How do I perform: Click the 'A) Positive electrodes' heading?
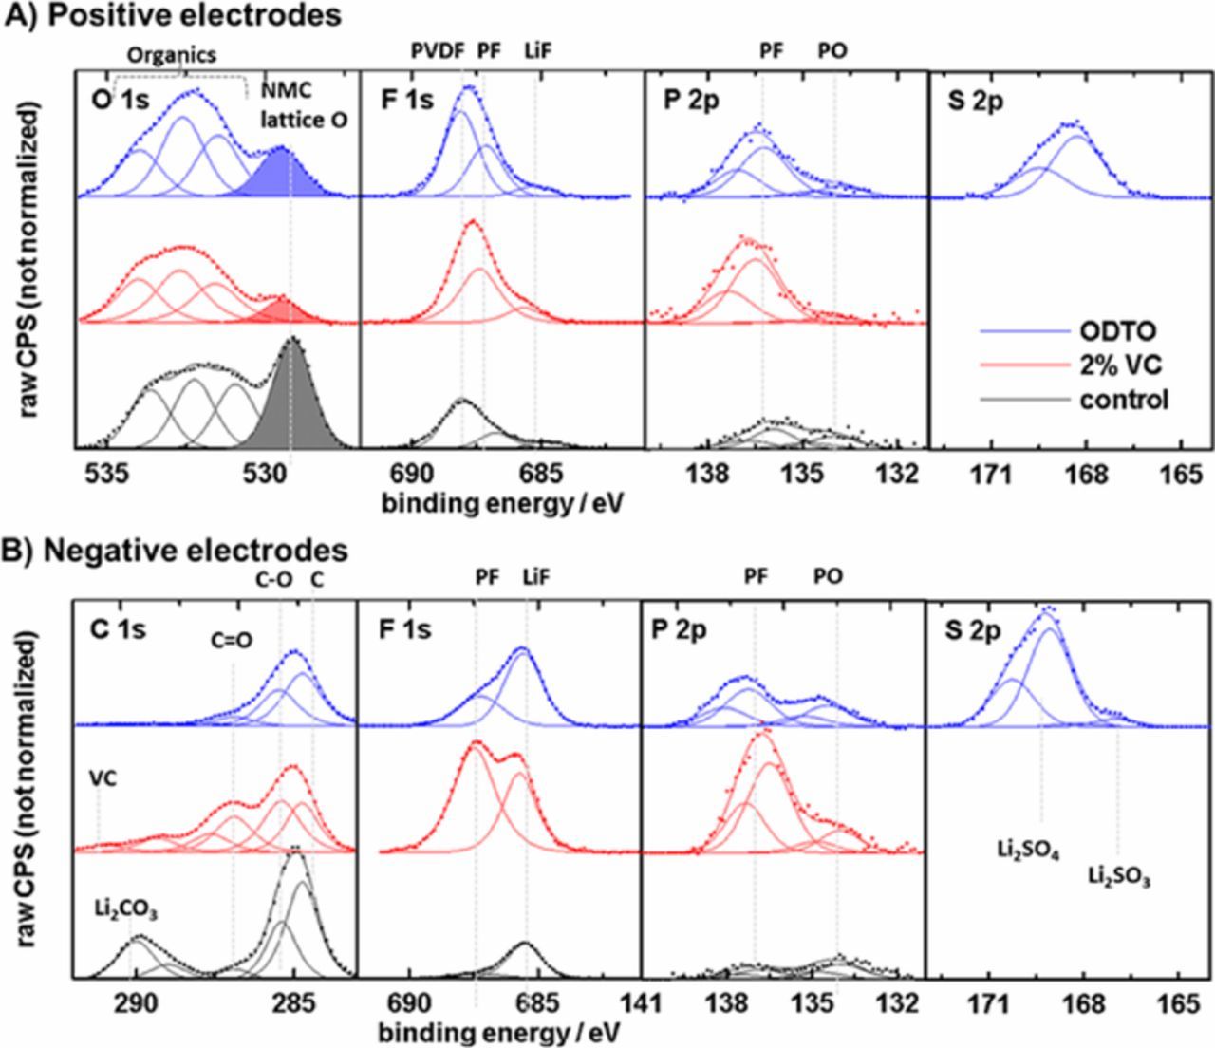pyautogui.click(x=174, y=15)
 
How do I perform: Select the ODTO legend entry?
pyautogui.click(x=1117, y=331)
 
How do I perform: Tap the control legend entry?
pyautogui.click(x=1123, y=400)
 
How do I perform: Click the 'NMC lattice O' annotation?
pyautogui.click(x=304, y=105)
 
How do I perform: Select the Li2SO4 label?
pyautogui.click(x=1028, y=848)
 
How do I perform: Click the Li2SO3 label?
pyautogui.click(x=1119, y=876)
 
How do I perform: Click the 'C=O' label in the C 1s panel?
pyautogui.click(x=232, y=640)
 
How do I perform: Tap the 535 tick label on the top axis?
pyautogui.click(x=106, y=474)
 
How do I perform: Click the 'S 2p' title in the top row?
pyautogui.click(x=974, y=102)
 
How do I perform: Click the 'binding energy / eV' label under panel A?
pyautogui.click(x=503, y=502)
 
